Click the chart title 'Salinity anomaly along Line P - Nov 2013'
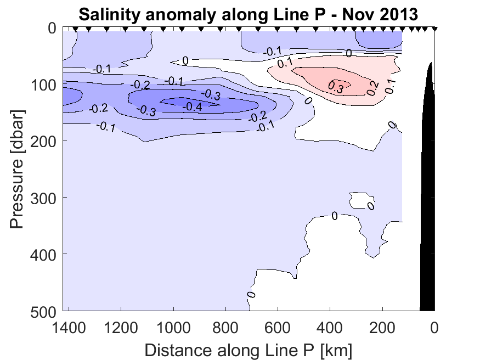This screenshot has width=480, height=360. pyautogui.click(x=249, y=14)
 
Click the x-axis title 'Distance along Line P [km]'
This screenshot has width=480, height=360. pyautogui.click(x=249, y=349)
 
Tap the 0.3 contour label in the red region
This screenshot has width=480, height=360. pyautogui.click(x=336, y=87)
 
